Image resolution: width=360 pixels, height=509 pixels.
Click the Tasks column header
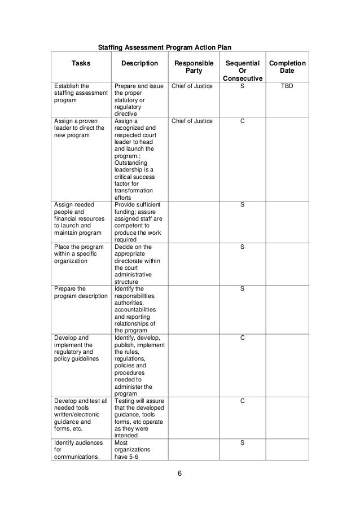coord(79,64)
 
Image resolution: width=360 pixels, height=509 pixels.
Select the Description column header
coord(140,64)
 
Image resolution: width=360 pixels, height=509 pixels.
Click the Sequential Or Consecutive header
coord(242,71)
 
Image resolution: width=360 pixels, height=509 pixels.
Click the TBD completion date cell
coord(287,88)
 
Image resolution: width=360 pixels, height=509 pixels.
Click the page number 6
coord(179,473)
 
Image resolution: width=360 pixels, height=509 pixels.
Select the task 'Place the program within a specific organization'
coord(79,254)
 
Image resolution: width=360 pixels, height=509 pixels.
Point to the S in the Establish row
coord(242,88)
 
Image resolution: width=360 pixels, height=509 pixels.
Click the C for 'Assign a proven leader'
coord(242,121)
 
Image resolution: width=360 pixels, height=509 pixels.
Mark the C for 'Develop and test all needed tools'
coord(242,401)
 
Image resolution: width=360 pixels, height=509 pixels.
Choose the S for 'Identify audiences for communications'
coord(242,443)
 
